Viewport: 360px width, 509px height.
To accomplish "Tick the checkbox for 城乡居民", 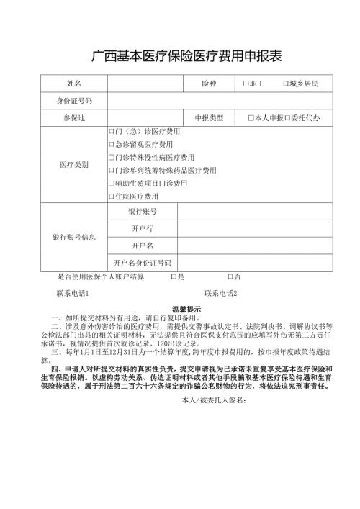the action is (286, 84).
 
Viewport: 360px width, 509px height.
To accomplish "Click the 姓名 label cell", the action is (74, 84).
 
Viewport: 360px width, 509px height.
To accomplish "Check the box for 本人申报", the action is (251, 117).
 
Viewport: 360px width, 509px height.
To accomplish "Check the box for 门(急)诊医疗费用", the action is (111, 132).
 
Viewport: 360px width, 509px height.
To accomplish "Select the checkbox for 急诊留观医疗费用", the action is (111, 145).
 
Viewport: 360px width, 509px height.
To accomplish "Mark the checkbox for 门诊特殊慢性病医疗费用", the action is (111, 158).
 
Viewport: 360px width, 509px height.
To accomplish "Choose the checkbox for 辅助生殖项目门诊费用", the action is (111, 184).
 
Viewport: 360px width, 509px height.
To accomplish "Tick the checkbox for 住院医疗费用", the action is (111, 197).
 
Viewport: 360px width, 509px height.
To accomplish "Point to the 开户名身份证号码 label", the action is (143, 263).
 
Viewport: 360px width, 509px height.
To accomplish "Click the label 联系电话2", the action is (221, 294).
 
